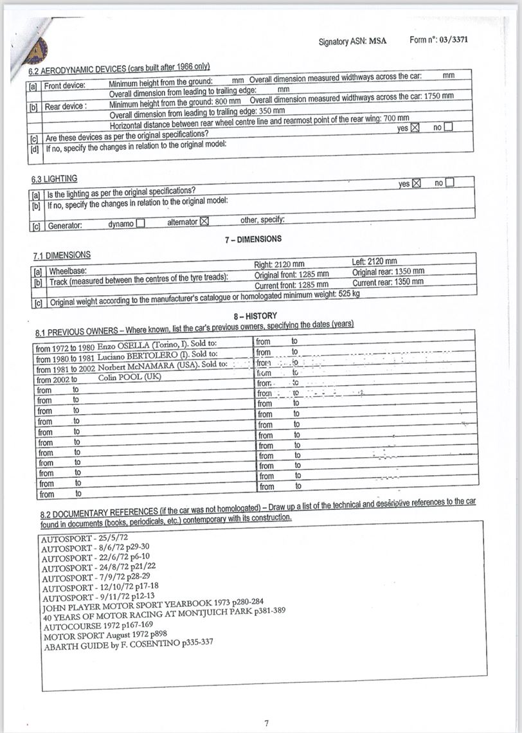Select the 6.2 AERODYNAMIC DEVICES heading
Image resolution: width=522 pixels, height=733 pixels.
coord(120,69)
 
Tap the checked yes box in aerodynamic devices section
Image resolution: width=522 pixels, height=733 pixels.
coord(415,127)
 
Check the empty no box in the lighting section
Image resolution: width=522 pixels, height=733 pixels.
coord(449,183)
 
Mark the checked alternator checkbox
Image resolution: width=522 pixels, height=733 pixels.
coord(205,221)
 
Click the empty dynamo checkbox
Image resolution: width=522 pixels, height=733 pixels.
coord(140,224)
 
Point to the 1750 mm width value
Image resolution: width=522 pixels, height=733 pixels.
coord(437,96)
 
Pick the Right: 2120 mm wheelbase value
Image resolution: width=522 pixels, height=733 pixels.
coord(280,264)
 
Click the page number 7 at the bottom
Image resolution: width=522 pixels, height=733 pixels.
coord(266,723)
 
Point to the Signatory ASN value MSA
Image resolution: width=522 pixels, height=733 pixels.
coord(378,41)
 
